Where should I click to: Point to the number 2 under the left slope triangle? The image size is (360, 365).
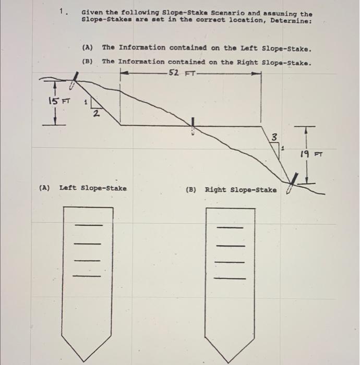coord(95,115)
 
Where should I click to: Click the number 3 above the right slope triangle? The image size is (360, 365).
coord(273,137)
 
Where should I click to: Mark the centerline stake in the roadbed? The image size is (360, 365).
coord(194,126)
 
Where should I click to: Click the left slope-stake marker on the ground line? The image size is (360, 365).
coord(76,81)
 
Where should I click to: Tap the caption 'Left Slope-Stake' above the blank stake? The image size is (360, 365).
coord(93,188)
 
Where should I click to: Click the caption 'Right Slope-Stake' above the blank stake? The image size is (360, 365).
coord(241,190)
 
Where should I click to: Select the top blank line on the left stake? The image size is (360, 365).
coord(88,225)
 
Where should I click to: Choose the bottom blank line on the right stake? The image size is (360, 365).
coord(230,278)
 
